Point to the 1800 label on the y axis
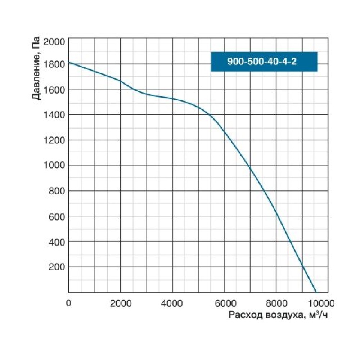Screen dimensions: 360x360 pyautogui.click(x=54, y=64)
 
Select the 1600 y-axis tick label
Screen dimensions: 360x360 pyautogui.click(x=54, y=90)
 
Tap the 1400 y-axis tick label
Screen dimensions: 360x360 pyautogui.click(x=54, y=115)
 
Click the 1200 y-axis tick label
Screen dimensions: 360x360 pyautogui.click(x=54, y=140)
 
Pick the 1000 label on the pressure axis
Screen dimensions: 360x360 pyautogui.click(x=54, y=166)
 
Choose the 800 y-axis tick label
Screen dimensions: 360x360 pyautogui.click(x=57, y=191)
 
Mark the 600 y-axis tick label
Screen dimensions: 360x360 pyautogui.click(x=57, y=217)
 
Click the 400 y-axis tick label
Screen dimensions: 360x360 pyautogui.click(x=57, y=242)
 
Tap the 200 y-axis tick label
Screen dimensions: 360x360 pyautogui.click(x=57, y=267)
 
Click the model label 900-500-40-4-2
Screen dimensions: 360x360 pyautogui.click(x=264, y=62)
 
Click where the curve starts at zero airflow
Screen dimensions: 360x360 pyautogui.click(x=69, y=63)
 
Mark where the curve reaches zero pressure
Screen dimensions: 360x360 pyautogui.click(x=316, y=292)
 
